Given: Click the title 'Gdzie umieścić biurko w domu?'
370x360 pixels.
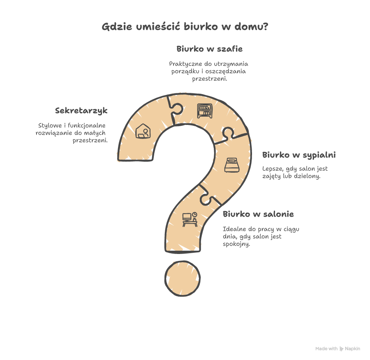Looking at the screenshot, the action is pyautogui.click(x=185, y=26).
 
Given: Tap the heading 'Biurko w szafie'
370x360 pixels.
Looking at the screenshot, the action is pyautogui.click(x=210, y=49).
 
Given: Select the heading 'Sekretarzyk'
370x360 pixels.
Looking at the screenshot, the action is pyautogui.click(x=81, y=111).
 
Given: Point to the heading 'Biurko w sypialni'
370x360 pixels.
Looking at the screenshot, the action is pyautogui.click(x=299, y=155).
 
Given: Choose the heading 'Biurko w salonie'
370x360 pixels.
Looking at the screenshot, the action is pyautogui.click(x=259, y=214).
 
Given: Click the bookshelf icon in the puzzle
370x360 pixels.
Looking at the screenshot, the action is pyautogui.click(x=205, y=111).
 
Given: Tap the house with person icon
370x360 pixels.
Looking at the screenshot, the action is pyautogui.click(x=143, y=131).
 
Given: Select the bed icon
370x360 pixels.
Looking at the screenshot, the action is pyautogui.click(x=232, y=165).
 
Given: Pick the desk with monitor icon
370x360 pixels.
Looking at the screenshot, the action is pyautogui.click(x=190, y=219).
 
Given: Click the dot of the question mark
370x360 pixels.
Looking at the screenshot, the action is pyautogui.click(x=183, y=278).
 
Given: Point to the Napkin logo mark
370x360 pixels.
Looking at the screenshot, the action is pyautogui.click(x=342, y=348).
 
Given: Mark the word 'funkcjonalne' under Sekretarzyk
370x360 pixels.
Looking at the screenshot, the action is pyautogui.click(x=87, y=125).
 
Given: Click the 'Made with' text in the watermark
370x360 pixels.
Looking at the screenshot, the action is pyautogui.click(x=326, y=348).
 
